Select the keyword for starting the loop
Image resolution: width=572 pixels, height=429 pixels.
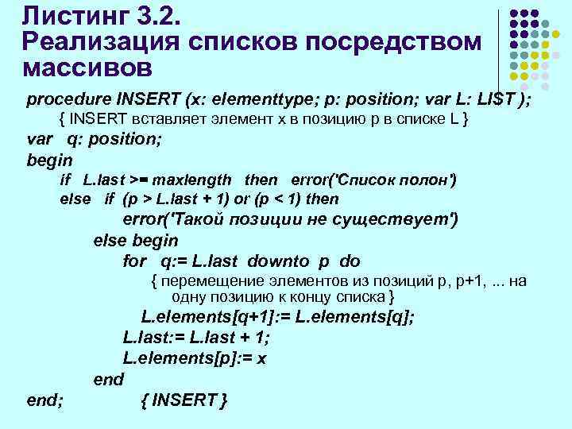135,261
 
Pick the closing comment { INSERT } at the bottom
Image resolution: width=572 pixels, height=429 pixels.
184,400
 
